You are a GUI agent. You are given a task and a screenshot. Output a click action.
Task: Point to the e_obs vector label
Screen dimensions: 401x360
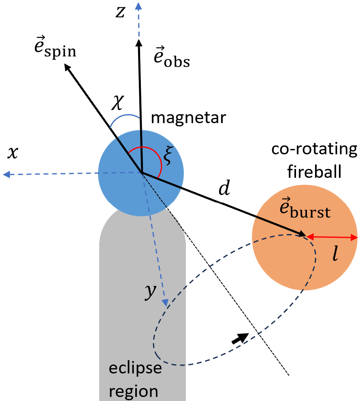(172, 58)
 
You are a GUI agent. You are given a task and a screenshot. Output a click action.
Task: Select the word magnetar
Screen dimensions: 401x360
(188, 119)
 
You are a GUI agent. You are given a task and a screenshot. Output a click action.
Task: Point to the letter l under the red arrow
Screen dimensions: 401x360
(335, 256)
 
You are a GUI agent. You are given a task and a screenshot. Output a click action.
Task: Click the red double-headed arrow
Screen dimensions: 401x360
(332, 237)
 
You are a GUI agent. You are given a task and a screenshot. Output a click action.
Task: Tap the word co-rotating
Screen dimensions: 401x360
(315, 150)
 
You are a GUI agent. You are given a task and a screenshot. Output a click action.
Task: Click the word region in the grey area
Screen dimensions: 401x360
(134, 391)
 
